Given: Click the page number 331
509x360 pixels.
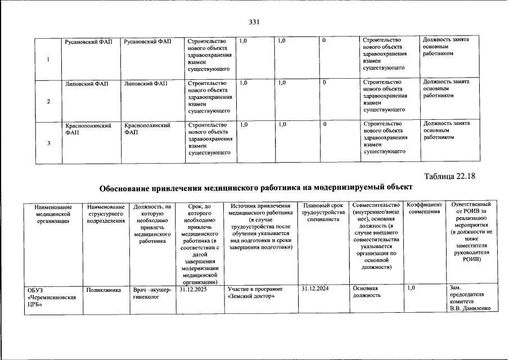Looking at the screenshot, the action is tap(254, 22).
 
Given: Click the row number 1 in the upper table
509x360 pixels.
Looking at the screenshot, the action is tap(48, 61).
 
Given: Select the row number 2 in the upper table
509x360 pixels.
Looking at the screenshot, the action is tap(48, 102).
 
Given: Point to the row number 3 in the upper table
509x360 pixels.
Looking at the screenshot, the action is tap(48, 143).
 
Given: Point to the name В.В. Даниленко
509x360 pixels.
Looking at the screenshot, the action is tap(466, 309).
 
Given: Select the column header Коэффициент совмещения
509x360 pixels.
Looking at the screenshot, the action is tap(425, 208).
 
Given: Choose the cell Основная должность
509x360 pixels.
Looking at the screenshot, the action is tap(367, 292).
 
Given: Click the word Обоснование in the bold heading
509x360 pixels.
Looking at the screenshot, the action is tap(129, 187).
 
